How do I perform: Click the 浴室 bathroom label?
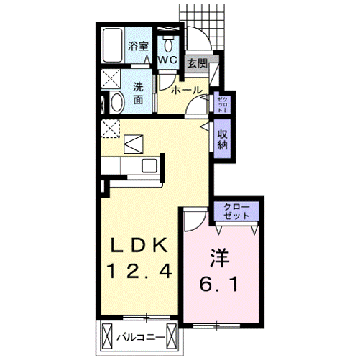pos(138,46)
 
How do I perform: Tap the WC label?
pos(168,60)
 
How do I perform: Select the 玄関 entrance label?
pos(197,63)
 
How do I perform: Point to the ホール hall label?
pos(187,91)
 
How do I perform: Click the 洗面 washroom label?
pos(138,93)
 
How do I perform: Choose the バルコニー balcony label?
pos(141,338)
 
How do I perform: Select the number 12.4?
pos(140,271)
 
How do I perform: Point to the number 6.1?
pos(218,285)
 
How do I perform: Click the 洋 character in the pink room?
pos(220,259)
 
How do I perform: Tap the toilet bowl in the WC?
pos(168,44)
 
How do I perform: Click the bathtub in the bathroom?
pos(113,45)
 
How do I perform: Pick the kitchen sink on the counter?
pos(149,166)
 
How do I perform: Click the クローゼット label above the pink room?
pos(236,211)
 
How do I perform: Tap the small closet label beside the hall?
pos(223,104)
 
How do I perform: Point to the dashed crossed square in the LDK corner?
pos(110,129)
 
